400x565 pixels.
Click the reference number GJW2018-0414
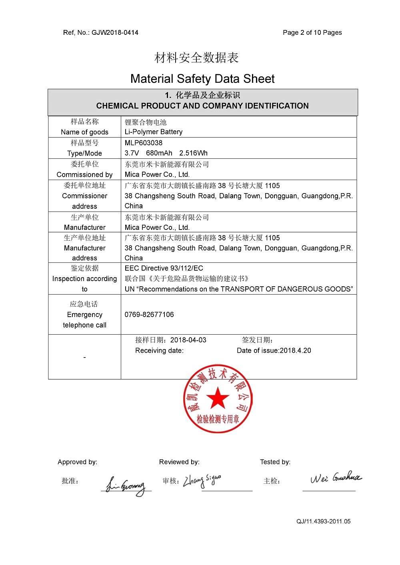click(115, 33)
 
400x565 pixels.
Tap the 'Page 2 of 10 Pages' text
click(312, 33)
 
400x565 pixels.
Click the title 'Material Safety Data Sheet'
click(202, 79)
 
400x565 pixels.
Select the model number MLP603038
click(144, 143)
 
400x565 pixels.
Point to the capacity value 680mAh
click(159, 153)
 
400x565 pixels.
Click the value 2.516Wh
click(194, 153)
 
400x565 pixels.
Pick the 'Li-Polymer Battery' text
click(154, 132)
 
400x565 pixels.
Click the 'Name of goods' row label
click(84, 132)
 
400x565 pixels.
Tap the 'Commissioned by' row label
click(84, 175)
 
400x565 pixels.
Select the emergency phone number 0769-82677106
click(149, 315)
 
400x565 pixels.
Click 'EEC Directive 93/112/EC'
click(164, 268)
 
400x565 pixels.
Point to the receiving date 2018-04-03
click(188, 340)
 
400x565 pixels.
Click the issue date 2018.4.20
click(295, 351)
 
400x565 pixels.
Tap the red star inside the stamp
click(218, 398)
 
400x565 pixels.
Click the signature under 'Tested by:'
click(335, 478)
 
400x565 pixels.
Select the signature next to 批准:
click(126, 485)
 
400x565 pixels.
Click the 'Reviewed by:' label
click(179, 462)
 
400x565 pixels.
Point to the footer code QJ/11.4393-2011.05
click(324, 521)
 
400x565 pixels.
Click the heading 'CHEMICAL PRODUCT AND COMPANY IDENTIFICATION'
click(202, 106)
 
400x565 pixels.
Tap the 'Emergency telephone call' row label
click(84, 320)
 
